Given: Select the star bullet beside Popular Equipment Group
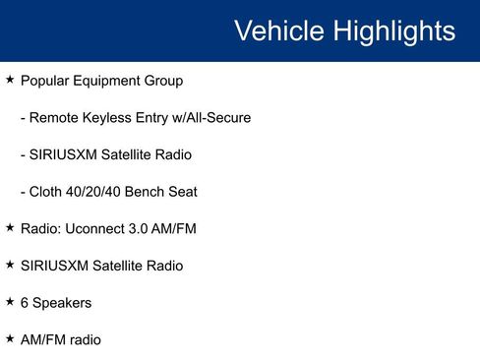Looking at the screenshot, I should point(10,79).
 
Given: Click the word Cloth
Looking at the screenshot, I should point(48,192).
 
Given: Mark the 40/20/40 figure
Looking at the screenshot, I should point(101,192).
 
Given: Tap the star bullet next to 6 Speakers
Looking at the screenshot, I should point(10,301).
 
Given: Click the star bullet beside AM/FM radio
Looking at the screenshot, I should point(10,337).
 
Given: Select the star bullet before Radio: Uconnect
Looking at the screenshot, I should point(10,227).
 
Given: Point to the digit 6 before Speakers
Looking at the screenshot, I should point(25,303).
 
